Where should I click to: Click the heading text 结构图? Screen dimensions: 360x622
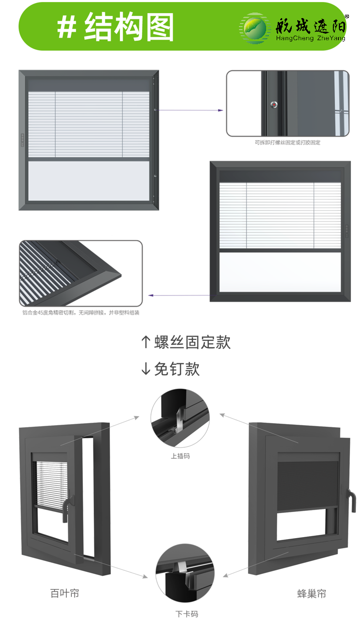pos(129,27)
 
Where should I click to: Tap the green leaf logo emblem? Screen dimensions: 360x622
pos(255,28)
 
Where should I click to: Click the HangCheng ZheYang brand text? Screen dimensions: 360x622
pos(311,38)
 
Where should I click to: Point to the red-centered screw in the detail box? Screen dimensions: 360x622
pos(274,105)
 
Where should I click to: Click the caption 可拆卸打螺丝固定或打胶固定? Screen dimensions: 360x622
pos(288,143)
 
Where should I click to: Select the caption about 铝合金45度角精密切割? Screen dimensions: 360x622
pos(81,313)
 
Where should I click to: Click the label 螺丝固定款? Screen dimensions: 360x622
pos(192,342)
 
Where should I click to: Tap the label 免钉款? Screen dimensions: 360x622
pos(177,369)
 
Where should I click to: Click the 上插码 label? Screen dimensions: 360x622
pos(180,456)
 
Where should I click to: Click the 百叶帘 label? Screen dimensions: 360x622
pos(65,593)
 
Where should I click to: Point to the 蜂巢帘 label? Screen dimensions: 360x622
pos(312,593)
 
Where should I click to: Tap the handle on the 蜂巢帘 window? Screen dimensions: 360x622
pos(351,501)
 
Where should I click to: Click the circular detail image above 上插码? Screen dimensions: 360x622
pos(180,418)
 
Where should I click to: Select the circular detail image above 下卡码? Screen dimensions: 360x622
pos(185,573)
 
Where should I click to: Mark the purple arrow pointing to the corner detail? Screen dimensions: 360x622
pos(179,295)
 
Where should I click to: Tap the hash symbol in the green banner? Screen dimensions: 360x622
pos(66,28)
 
